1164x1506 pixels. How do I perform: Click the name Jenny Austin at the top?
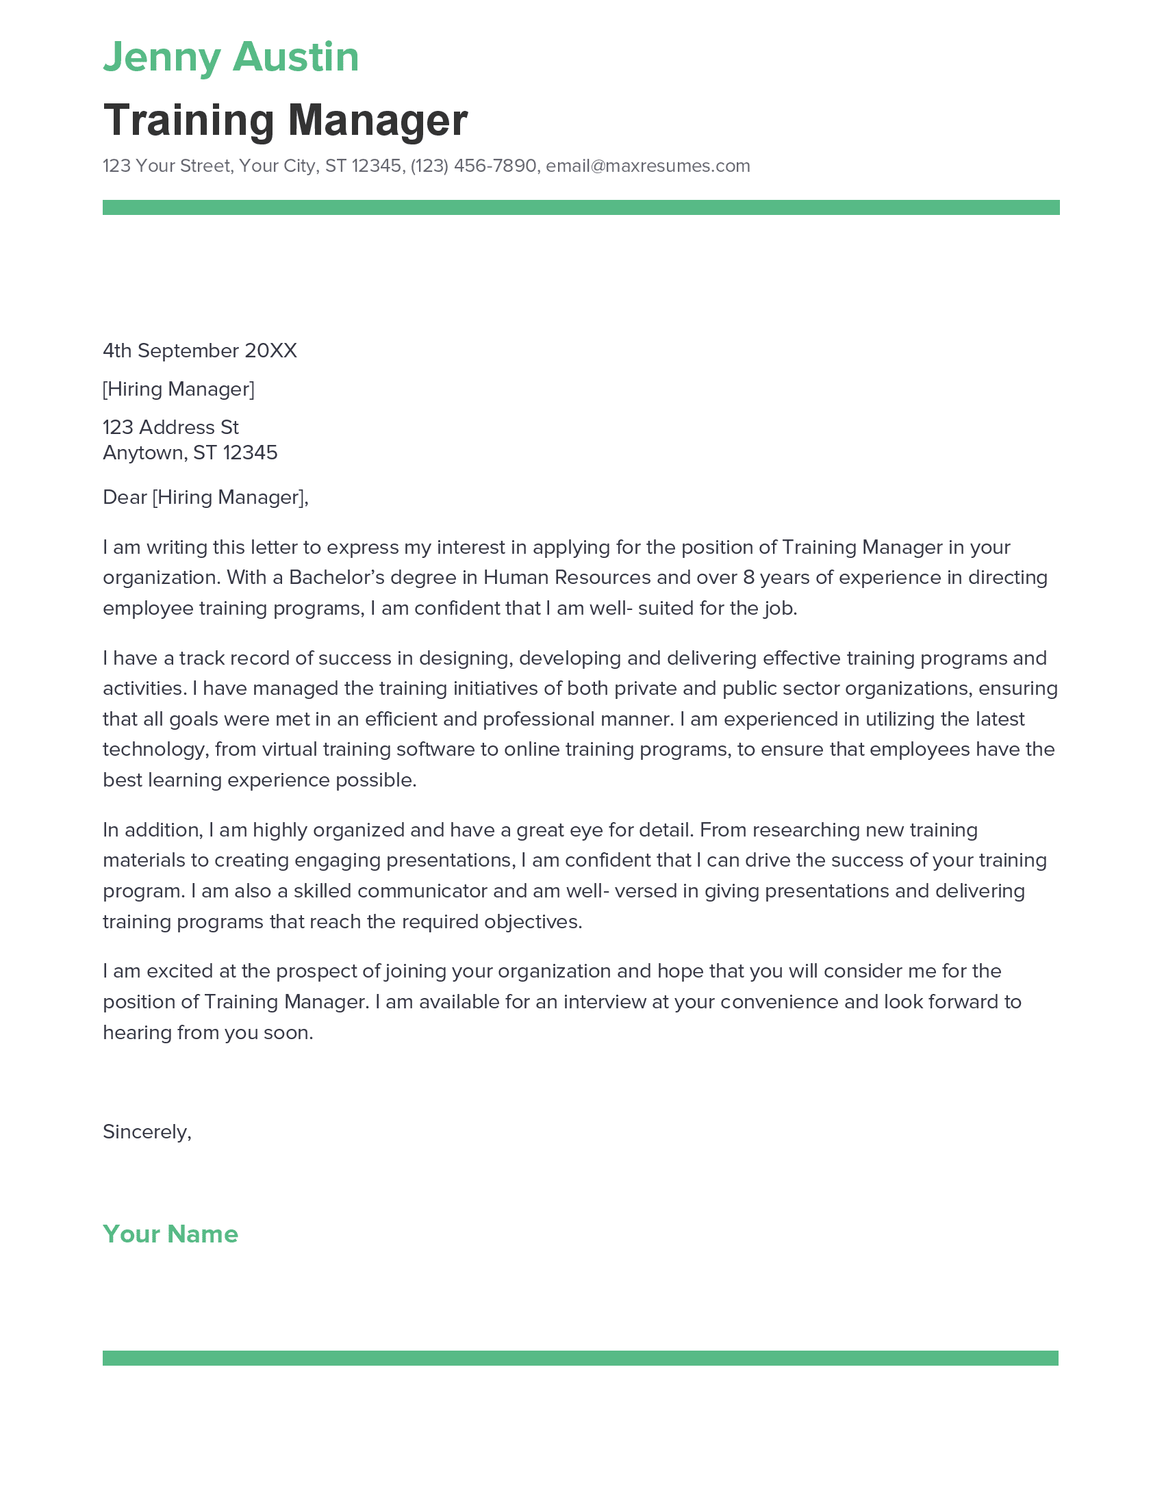coord(231,58)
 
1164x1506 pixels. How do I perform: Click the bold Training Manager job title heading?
coord(285,120)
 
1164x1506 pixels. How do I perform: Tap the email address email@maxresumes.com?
coord(648,166)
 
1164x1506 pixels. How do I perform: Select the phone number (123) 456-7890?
coord(473,166)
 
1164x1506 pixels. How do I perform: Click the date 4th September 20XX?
coord(199,351)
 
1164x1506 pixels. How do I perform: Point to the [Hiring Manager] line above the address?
coord(179,390)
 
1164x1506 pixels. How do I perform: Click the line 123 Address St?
coord(170,428)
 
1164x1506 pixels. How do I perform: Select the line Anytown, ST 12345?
coord(190,453)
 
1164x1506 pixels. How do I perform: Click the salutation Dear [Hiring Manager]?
coord(205,497)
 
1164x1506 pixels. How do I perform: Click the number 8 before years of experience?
coord(748,578)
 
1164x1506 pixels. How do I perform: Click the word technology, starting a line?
coord(156,750)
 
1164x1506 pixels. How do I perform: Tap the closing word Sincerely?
coord(147,1132)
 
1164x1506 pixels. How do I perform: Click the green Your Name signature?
coord(170,1234)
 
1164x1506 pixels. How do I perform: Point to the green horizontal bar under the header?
coord(581,207)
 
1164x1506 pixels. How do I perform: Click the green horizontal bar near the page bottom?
coord(581,1358)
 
